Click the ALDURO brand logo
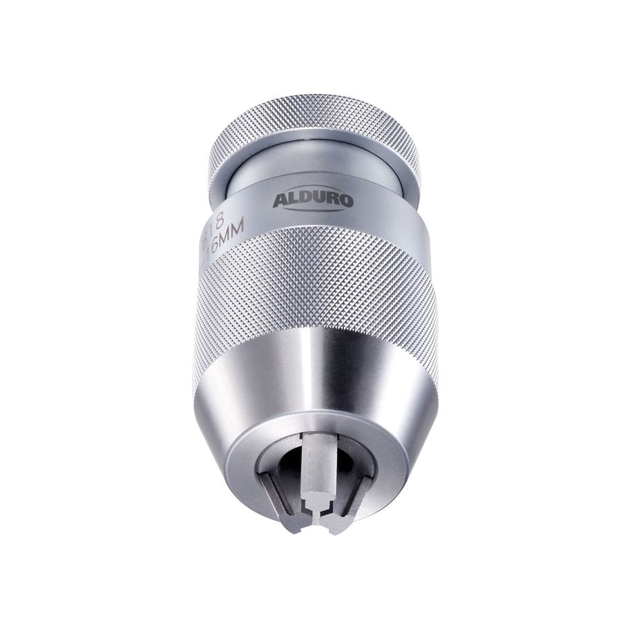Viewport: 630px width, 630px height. tap(313, 200)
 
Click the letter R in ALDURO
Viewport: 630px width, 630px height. tap(332, 201)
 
